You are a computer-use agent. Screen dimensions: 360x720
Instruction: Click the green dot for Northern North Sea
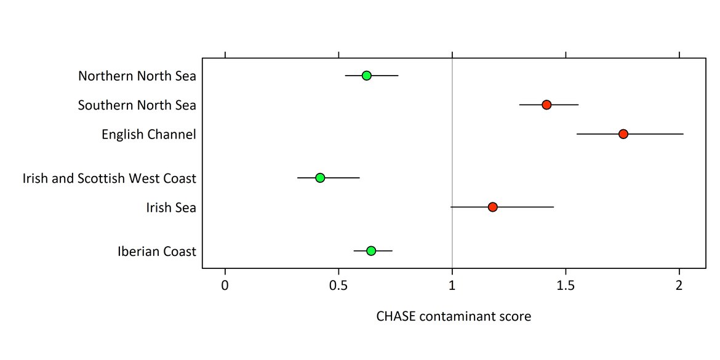click(x=366, y=76)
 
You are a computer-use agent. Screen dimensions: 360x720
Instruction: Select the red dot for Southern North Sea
click(x=546, y=105)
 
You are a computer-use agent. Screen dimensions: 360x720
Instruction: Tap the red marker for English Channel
click(x=623, y=134)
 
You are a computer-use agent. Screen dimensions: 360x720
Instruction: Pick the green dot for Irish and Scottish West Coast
click(x=320, y=178)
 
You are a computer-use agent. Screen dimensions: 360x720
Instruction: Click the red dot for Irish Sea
click(x=492, y=207)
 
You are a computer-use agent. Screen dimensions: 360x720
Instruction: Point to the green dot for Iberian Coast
click(x=371, y=250)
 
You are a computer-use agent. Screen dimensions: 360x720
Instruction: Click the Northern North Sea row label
click(x=137, y=76)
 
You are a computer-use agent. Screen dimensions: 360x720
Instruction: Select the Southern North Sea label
click(x=137, y=105)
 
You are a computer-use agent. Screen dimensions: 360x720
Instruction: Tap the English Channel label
click(x=149, y=134)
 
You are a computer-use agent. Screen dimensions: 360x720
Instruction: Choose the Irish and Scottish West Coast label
click(x=110, y=178)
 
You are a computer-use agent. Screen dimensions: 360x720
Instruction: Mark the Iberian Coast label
click(x=157, y=251)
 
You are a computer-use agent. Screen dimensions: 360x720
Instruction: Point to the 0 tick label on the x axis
click(x=225, y=286)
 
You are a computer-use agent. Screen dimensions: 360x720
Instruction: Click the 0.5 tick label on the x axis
click(x=338, y=286)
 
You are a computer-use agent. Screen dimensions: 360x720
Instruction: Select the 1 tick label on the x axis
click(x=452, y=286)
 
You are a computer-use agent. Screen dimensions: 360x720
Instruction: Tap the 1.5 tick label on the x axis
click(x=566, y=286)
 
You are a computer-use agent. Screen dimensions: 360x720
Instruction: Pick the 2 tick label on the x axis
click(x=679, y=286)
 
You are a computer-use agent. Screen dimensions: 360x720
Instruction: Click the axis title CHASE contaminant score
click(x=454, y=317)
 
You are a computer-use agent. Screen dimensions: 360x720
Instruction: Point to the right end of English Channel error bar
click(x=683, y=134)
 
